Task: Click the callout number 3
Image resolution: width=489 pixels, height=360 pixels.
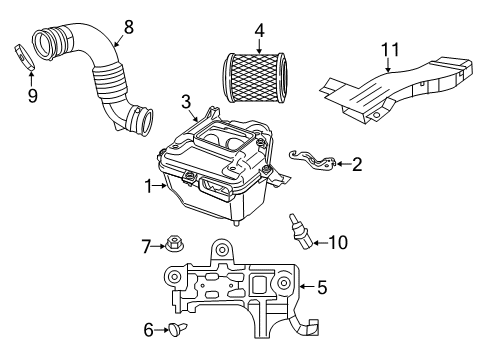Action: click(x=186, y=101)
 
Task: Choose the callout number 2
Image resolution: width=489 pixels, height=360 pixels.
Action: click(x=357, y=162)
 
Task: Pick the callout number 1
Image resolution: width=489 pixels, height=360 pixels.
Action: click(x=149, y=186)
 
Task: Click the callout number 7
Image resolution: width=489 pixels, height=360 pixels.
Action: click(x=146, y=245)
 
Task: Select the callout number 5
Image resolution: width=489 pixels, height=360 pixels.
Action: click(x=322, y=288)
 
